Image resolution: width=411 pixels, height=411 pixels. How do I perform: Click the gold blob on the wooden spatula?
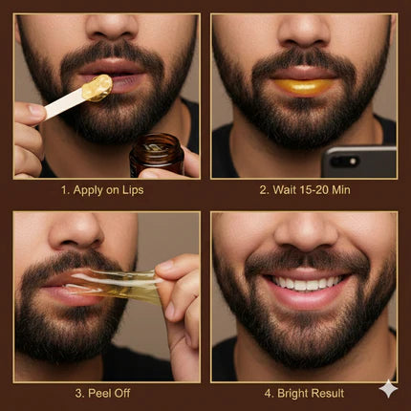point(97,88)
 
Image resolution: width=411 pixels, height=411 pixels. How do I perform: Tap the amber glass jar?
point(157,155)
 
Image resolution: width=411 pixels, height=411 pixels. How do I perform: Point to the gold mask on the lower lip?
point(304,87)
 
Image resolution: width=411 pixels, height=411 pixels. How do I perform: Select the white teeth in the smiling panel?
point(306,283)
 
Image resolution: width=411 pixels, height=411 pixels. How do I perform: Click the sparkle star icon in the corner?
point(388,388)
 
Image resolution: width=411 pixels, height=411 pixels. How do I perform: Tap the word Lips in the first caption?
point(133,190)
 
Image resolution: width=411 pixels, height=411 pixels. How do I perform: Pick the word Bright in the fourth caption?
point(292,394)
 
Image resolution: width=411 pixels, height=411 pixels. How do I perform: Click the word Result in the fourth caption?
point(328,393)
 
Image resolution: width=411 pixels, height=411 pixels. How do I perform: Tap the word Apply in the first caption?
point(88,190)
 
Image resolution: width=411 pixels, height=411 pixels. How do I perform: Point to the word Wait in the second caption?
point(282,190)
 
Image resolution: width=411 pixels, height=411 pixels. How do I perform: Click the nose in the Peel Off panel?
point(76,232)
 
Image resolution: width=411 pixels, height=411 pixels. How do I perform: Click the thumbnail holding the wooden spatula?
point(35,111)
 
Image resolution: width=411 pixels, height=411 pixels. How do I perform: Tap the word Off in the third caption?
point(122,393)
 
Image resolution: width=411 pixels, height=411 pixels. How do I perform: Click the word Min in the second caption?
point(341,190)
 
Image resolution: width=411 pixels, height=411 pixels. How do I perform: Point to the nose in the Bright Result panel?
point(305,231)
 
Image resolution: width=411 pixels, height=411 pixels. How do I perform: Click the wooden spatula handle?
point(64,102)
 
